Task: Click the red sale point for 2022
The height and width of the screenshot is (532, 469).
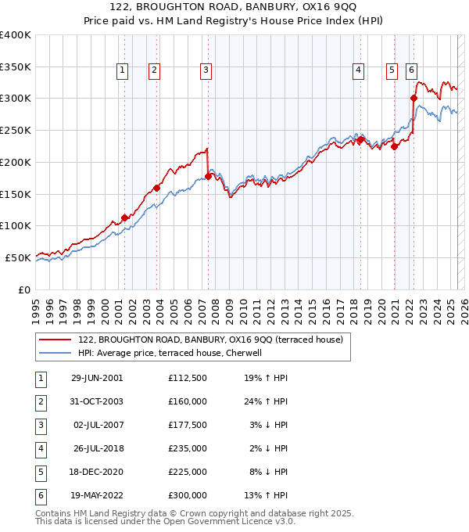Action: pos(414,98)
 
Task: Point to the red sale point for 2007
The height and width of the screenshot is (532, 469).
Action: pos(209,176)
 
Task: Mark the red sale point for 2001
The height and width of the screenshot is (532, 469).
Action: pos(125,217)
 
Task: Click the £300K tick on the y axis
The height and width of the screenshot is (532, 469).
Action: pos(16,99)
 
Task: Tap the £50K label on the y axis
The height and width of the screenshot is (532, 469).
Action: pos(18,257)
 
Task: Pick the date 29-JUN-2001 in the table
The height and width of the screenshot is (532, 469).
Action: pos(97,379)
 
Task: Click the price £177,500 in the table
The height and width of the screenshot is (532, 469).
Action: pos(188,426)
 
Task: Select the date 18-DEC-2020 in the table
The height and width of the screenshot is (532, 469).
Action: pos(97,473)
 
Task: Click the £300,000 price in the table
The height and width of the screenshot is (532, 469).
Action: pos(188,496)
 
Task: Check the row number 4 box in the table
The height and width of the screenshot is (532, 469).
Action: pos(39,449)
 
